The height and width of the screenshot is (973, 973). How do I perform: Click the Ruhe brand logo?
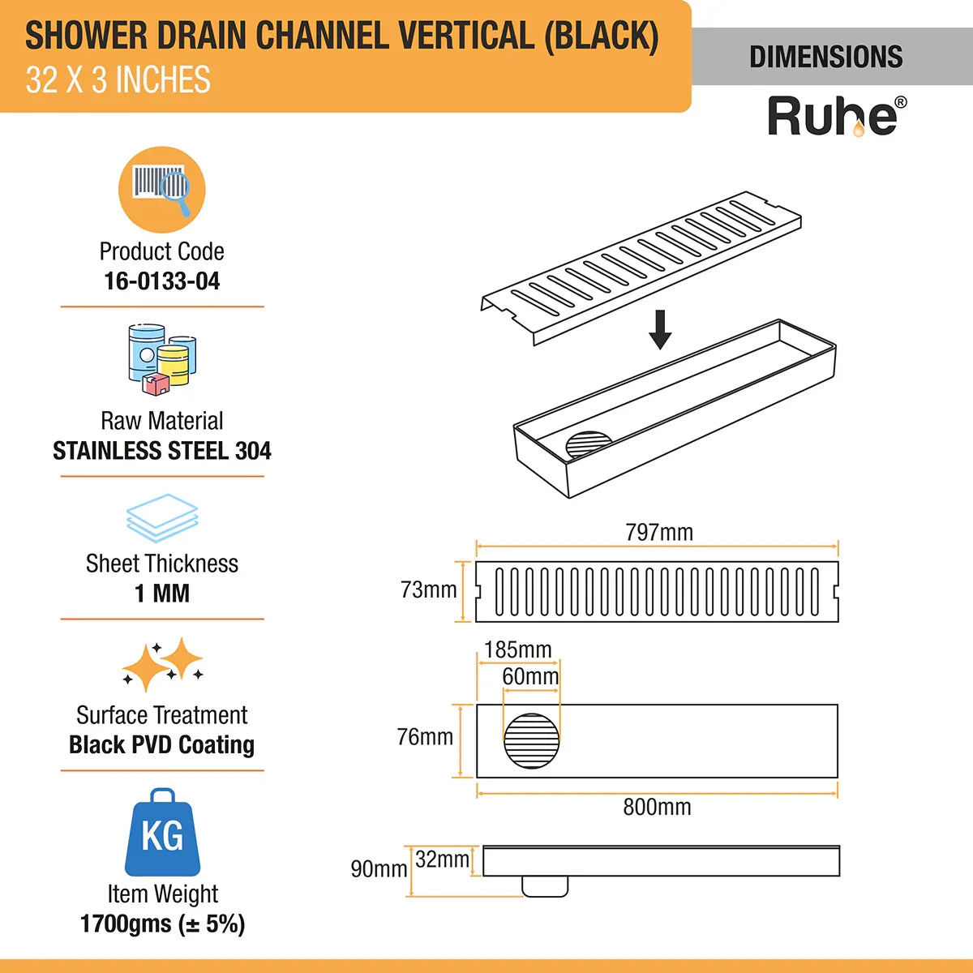(836, 117)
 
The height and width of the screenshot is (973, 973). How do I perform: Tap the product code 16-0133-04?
(162, 281)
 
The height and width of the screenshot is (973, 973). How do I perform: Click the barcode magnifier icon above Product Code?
(162, 189)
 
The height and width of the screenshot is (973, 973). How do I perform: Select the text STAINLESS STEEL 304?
(162, 451)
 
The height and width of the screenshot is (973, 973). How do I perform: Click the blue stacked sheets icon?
(162, 518)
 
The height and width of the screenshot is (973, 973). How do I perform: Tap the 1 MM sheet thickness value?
(162, 594)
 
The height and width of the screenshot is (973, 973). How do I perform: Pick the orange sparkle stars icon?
(163, 665)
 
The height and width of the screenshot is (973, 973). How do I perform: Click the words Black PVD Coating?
(162, 744)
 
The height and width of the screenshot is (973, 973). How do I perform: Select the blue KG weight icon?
(162, 833)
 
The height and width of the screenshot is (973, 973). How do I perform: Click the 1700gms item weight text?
(162, 924)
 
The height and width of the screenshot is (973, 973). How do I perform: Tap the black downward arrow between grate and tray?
(660, 329)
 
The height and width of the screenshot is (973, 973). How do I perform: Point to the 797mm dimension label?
(659, 533)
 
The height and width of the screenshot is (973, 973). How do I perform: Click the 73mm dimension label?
(428, 590)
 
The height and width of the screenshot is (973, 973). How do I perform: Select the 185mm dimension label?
(517, 649)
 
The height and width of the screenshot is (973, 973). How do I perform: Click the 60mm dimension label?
(530, 676)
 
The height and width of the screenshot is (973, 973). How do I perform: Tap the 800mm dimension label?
(657, 808)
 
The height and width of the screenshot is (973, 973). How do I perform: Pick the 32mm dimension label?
(442, 859)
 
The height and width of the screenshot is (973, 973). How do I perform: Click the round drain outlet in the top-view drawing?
(532, 740)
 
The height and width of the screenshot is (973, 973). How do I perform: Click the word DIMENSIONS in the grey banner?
(825, 57)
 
